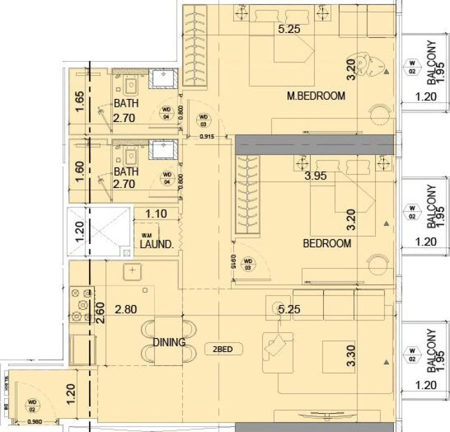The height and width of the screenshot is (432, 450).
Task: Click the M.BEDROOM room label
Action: tap(315, 95)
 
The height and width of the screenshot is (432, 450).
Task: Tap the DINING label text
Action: tap(169, 342)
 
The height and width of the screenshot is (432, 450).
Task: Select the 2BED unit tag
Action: tap(223, 348)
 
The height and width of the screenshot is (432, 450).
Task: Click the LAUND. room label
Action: tap(156, 245)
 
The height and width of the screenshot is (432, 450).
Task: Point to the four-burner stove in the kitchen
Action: tap(82, 304)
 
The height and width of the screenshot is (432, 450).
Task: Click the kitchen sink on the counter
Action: tap(132, 271)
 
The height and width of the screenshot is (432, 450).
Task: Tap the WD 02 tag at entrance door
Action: tap(32, 402)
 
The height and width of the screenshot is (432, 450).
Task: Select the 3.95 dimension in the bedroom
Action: tap(315, 175)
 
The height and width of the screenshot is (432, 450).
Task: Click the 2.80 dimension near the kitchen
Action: tap(125, 310)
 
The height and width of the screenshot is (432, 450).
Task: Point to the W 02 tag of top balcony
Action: tap(412, 66)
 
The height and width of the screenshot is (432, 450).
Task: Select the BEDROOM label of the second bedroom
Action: tap(327, 243)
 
